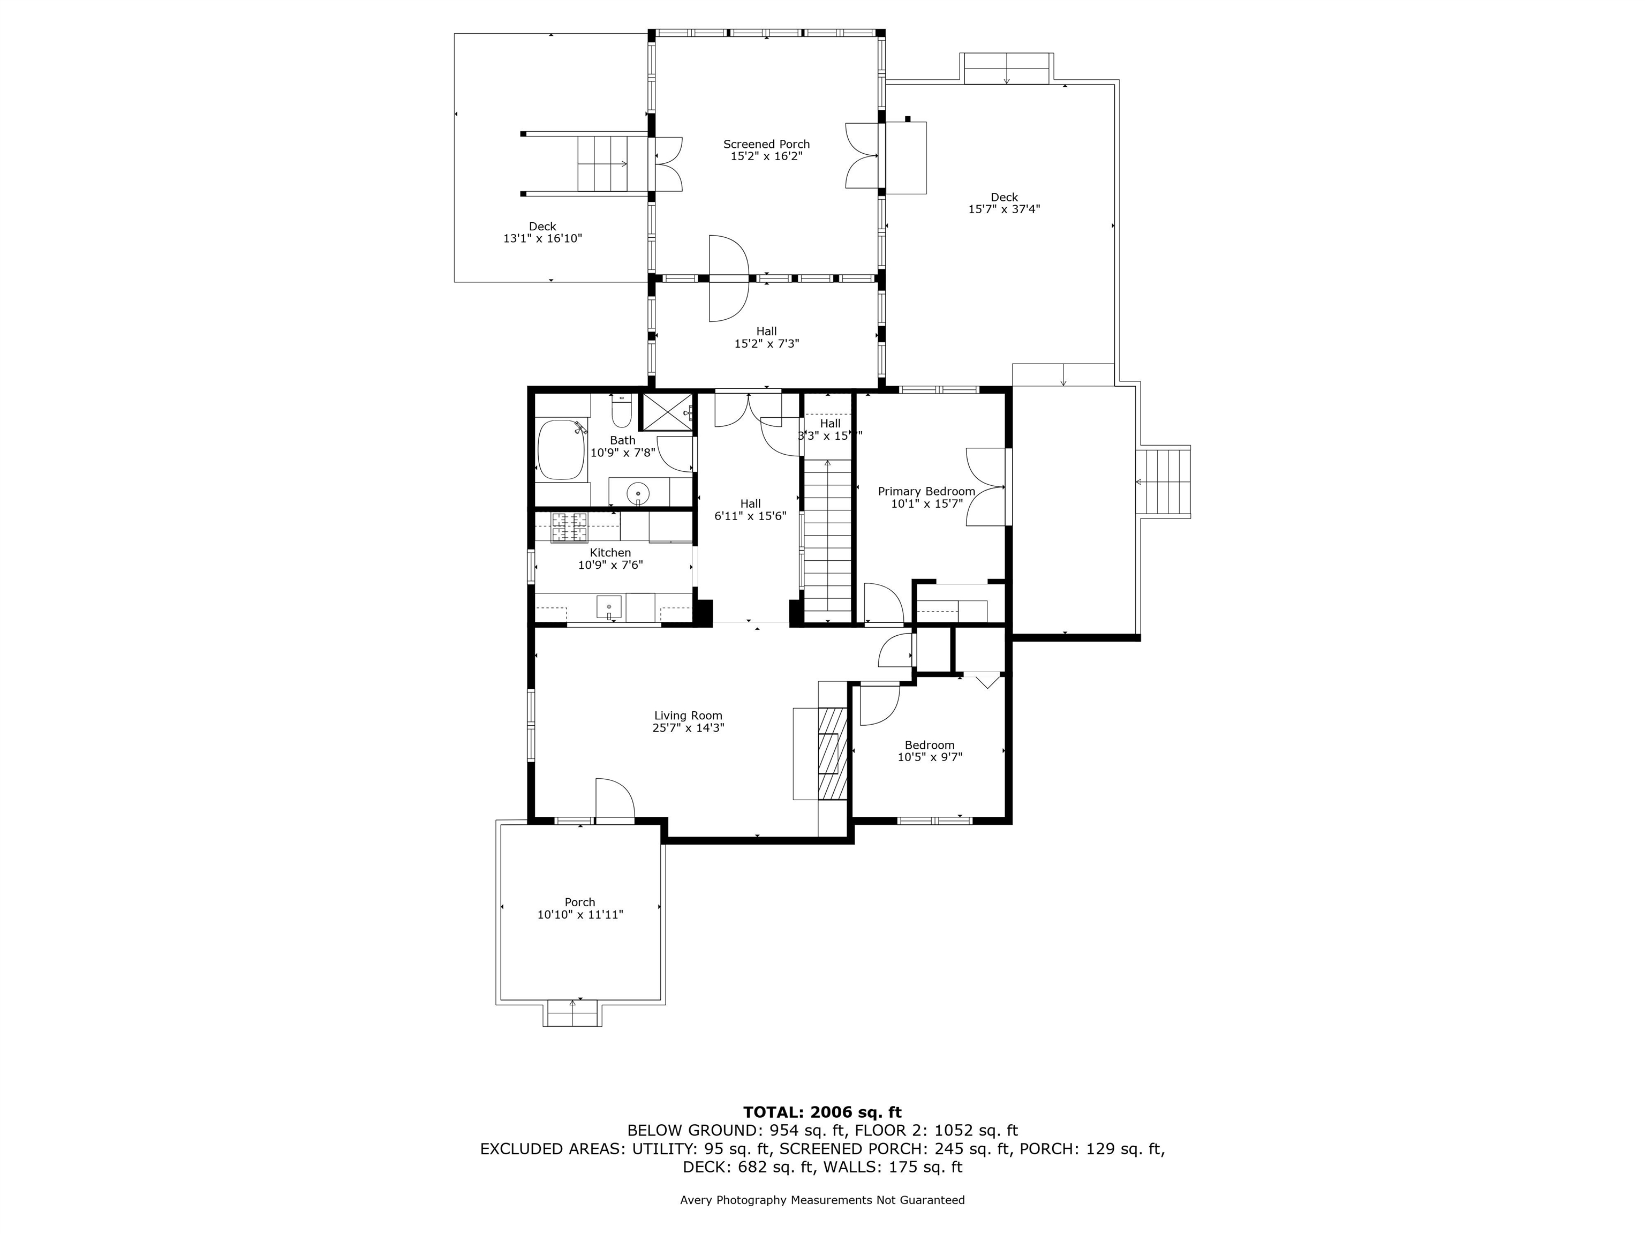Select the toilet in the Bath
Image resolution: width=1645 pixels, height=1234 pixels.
pos(621,411)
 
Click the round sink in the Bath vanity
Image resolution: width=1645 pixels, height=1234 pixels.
pos(638,493)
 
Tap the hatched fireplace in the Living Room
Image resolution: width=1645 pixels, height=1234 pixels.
pos(832,752)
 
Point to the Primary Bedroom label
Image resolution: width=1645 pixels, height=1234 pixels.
pos(926,492)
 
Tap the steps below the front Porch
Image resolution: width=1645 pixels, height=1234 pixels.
pos(572,1014)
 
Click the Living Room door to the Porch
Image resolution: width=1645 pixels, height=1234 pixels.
pos(614,800)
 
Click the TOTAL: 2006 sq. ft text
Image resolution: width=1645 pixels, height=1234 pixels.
pos(822,1112)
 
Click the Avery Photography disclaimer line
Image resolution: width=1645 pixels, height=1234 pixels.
pos(822,1200)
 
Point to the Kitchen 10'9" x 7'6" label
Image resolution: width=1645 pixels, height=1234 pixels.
pos(610,559)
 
